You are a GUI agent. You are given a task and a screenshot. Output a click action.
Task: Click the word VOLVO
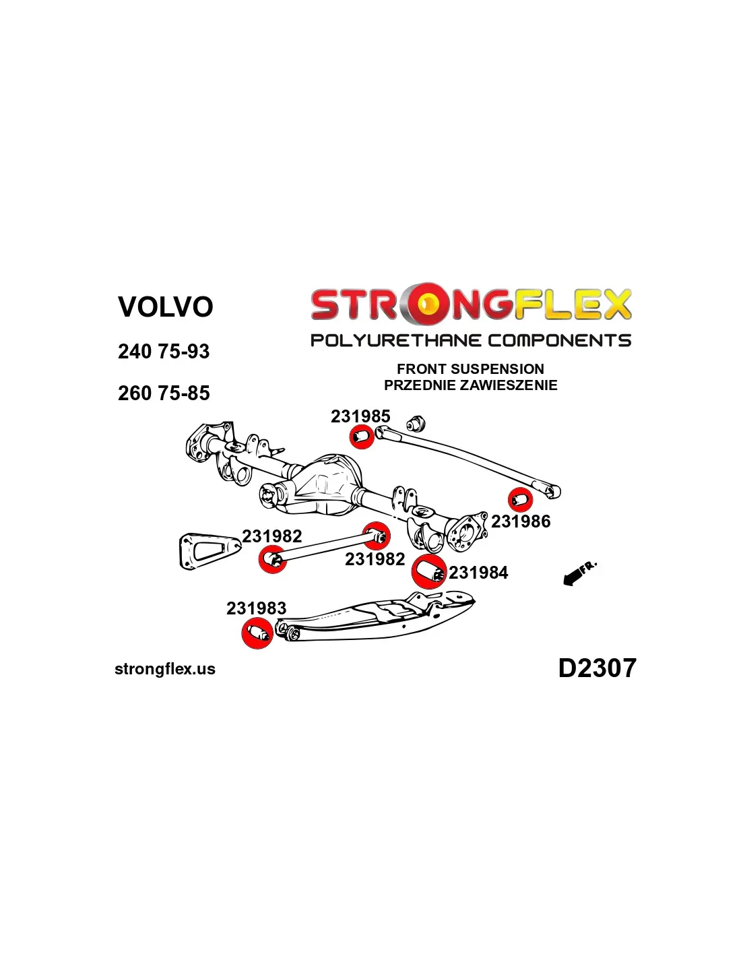click(x=165, y=307)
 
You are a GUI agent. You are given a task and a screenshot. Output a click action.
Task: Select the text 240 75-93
click(x=164, y=352)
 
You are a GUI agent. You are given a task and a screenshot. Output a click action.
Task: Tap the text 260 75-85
click(x=164, y=393)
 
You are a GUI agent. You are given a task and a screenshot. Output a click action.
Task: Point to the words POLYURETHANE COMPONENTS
click(x=470, y=340)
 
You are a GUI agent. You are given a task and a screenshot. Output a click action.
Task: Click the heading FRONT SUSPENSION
click(x=470, y=369)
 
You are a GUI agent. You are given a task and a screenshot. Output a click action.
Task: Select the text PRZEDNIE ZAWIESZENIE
click(x=470, y=385)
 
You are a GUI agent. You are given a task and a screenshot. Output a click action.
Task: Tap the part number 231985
click(x=360, y=416)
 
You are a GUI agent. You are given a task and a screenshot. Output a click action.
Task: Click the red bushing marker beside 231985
click(x=362, y=437)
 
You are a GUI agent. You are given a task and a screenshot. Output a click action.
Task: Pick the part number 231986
click(x=521, y=521)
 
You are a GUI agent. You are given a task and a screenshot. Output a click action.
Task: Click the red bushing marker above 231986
click(x=520, y=500)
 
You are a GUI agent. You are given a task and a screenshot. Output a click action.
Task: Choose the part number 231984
click(x=478, y=573)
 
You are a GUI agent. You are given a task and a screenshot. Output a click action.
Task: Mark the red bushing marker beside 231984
click(x=428, y=572)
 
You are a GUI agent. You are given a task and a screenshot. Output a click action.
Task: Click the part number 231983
click(x=256, y=608)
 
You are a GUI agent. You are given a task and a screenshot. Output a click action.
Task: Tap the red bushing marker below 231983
click(x=257, y=633)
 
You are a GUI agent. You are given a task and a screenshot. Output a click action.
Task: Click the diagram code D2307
click(x=597, y=668)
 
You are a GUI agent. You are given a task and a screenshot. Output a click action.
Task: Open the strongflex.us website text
click(x=165, y=669)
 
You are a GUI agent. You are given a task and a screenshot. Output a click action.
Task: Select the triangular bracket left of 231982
click(x=205, y=550)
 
